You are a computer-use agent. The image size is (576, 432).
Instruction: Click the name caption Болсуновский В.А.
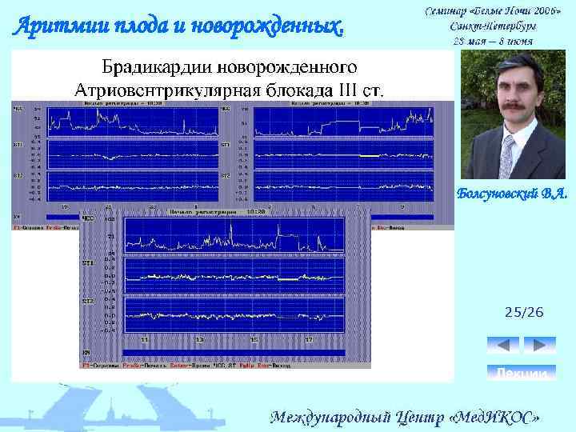point(512,194)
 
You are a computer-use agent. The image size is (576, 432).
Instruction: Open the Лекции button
point(521,374)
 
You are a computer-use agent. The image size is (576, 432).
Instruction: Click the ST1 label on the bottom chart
point(87,262)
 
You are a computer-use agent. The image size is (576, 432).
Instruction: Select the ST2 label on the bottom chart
point(87,302)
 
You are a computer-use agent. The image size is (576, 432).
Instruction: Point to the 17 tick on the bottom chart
point(308,340)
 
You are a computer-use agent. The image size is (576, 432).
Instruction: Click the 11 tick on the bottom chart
point(146,340)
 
